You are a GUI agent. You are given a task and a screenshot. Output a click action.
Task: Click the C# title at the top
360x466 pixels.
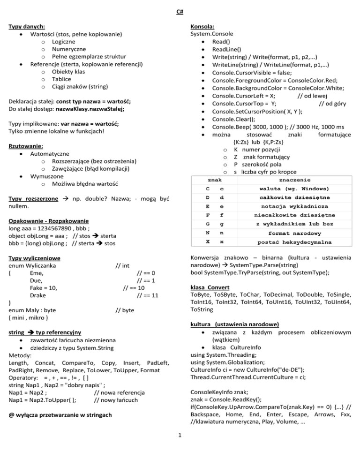[180, 12]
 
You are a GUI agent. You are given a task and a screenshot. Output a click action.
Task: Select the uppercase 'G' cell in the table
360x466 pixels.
[208, 224]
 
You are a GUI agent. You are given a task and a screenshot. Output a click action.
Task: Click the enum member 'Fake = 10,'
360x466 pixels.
[43, 288]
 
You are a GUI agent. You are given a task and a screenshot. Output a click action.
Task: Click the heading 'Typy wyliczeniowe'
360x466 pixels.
[36, 257]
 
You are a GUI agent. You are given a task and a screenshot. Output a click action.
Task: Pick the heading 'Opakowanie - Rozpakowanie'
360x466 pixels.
[49, 220]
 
